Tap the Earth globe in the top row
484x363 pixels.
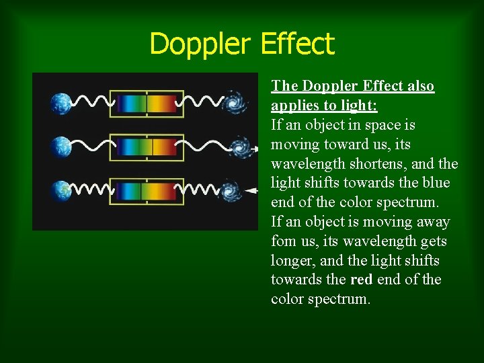click(x=61, y=103)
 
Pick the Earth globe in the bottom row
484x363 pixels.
click(x=61, y=190)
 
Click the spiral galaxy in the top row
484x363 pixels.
click(x=235, y=102)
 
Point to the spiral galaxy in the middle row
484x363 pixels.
click(x=239, y=146)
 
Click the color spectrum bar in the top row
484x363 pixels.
click(x=147, y=103)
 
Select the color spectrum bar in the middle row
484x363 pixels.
click(x=147, y=147)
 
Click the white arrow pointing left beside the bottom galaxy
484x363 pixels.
click(x=251, y=191)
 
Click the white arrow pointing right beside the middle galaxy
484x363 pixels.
click(x=253, y=145)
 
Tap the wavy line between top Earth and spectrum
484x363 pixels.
click(x=91, y=103)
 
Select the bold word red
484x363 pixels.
click(x=360, y=280)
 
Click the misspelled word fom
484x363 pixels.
click(x=283, y=241)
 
